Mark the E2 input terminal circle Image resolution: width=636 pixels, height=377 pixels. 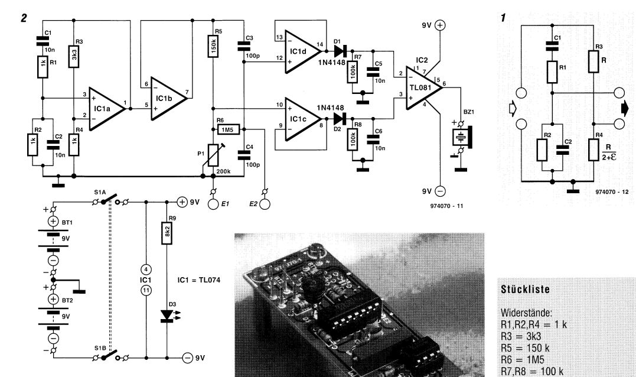[264, 204]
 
